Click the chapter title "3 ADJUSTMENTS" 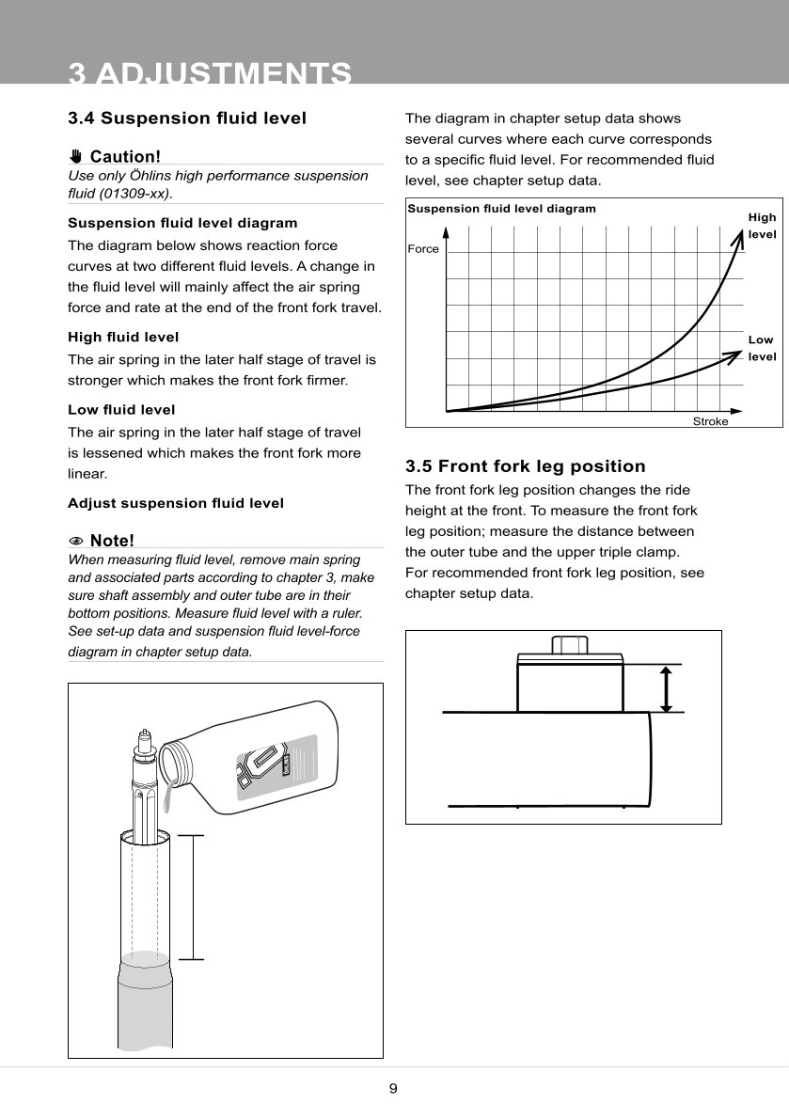pos(211,73)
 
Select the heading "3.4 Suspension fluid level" pos(187,118)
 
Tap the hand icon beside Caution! pos(76,156)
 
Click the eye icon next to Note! pos(76,541)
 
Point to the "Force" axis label pos(423,249)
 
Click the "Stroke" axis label pos(710,421)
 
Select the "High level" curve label pos(762,226)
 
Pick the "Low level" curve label pos(761,348)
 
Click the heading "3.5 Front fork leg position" pos(525,466)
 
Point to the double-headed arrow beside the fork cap pos(666,689)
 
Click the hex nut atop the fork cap pos(569,645)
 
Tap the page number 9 pos(393,1089)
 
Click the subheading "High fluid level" pos(123,337)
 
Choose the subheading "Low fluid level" pos(121,410)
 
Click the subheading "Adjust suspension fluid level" pos(176,503)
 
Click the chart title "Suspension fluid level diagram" pos(501,209)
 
